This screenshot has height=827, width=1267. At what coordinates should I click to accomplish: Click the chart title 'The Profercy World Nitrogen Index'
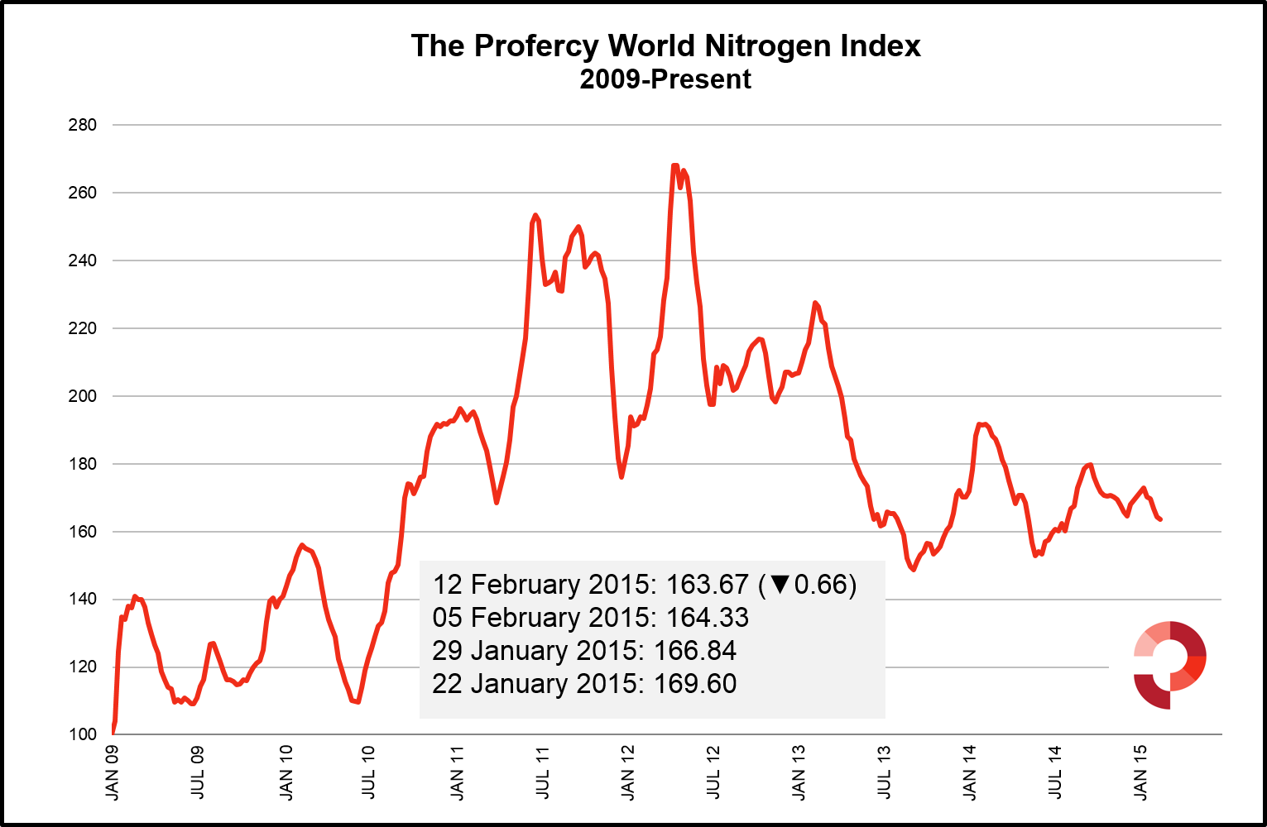coord(665,45)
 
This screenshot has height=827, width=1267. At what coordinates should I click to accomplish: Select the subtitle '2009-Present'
coord(665,79)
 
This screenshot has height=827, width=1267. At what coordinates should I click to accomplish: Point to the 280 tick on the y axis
coord(83,125)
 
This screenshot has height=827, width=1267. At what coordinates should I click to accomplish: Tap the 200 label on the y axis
coord(83,396)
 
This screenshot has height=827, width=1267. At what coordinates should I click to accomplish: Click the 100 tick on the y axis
coord(83,734)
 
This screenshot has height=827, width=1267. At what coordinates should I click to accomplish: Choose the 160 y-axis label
coord(83,532)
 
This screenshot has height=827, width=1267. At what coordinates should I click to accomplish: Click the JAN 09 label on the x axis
coord(113,772)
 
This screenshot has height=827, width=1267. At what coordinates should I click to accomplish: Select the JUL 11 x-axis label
coord(543,772)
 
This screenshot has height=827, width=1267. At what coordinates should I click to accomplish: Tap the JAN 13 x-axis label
coord(799,772)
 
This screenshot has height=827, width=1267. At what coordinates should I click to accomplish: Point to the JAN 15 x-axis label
coord(1140,772)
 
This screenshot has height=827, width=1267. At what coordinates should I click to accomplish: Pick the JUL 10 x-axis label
coord(369,772)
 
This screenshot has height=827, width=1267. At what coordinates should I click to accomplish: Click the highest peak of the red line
coord(674,165)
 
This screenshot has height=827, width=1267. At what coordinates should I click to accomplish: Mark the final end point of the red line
coord(1161,519)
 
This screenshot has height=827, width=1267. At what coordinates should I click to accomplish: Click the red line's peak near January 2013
coord(815,303)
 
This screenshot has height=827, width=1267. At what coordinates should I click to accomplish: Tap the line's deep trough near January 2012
coord(622,476)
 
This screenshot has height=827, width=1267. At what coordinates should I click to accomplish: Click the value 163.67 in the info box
coord(707,585)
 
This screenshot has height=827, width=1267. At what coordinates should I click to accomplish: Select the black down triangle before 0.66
coord(780,585)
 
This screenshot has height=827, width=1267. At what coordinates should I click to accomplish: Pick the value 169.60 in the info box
coord(695,684)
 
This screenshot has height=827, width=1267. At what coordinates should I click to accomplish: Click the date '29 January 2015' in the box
coord(538,651)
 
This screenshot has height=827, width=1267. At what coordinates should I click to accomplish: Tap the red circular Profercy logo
coord(1169,664)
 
